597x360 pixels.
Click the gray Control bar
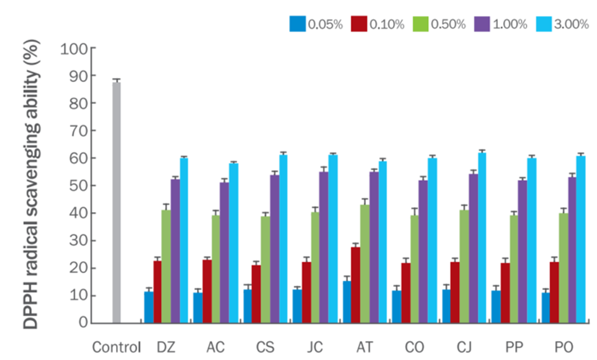tap(116, 203)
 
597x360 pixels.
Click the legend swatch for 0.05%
tap(297, 24)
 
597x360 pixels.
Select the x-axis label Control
tap(116, 347)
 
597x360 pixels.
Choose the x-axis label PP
tap(514, 347)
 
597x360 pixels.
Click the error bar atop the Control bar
tap(116, 81)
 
